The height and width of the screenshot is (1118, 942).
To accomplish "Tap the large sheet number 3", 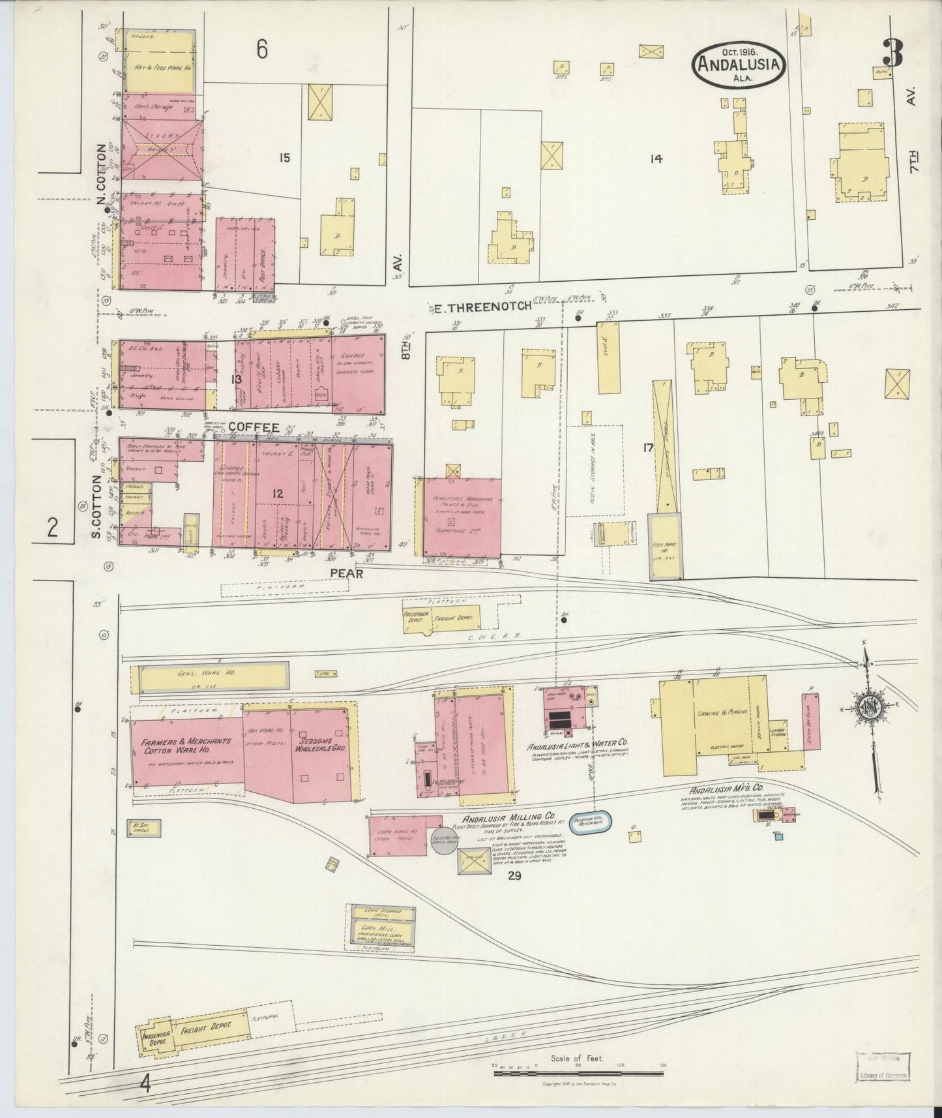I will click(893, 53).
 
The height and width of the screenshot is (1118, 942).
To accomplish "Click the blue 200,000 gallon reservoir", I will click(592, 822).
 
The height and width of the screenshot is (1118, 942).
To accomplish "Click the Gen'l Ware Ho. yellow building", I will click(212, 678).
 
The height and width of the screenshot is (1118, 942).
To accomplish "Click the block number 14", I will click(655, 158).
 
